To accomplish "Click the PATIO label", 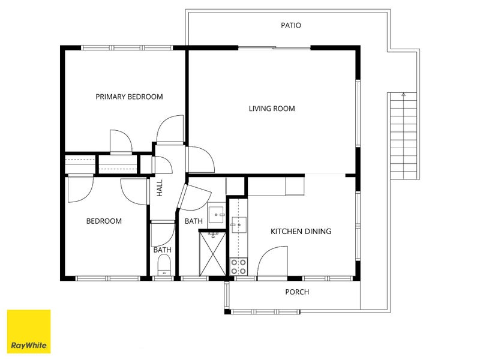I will tap(290, 26).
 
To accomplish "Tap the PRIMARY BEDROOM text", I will tap(129, 97).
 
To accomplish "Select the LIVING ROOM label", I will tap(272, 109).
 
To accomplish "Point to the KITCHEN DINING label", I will tap(301, 231).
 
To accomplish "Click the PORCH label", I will tap(297, 292).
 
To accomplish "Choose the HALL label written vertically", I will tap(160, 189).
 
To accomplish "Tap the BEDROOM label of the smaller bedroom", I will tap(104, 221).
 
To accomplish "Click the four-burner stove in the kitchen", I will tap(238, 266).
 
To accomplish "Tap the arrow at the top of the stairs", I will tap(404, 95).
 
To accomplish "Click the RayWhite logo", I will tap(29, 331).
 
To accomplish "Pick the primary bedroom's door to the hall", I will tap(169, 130).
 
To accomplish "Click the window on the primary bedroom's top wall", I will tap(127, 48).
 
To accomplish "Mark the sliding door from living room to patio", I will tap(274, 47).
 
